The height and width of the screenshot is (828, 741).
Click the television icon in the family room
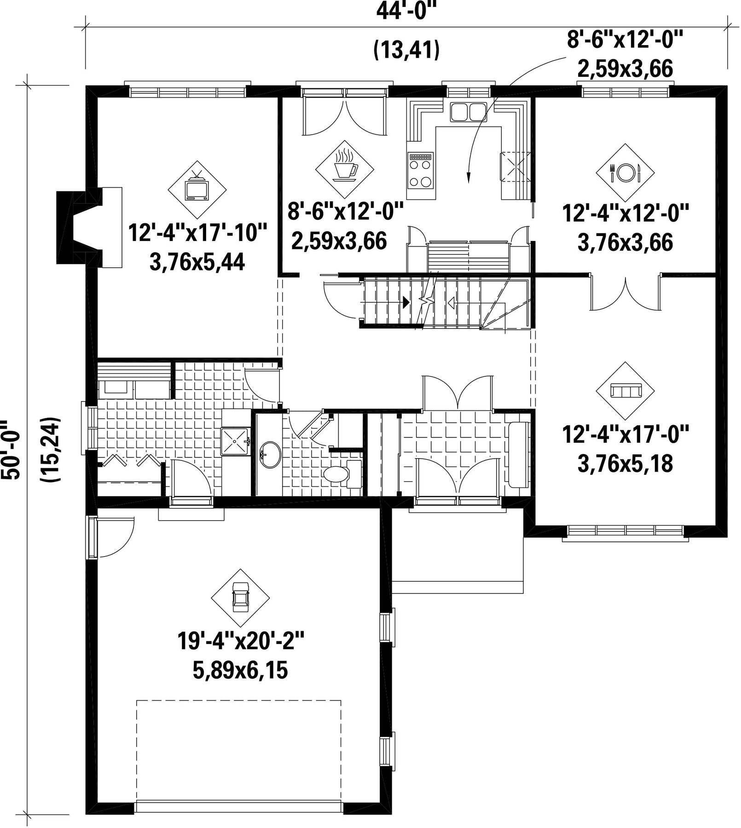pos(197,188)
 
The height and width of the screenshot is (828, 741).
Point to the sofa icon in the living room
pos(625,391)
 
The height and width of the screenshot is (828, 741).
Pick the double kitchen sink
pos(468,111)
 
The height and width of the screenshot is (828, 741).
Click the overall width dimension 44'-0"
pos(405,11)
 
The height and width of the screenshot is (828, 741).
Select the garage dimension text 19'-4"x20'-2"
pos(241,641)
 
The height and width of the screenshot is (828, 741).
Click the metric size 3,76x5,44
pos(197,262)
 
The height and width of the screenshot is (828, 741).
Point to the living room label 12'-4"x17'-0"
pos(625,434)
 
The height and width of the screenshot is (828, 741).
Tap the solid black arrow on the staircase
pos(405,302)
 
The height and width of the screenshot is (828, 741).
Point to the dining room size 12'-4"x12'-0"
pos(625,213)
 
